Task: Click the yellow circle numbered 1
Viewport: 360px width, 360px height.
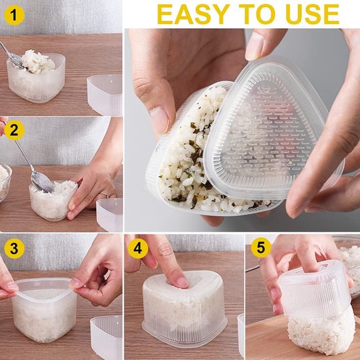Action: point(14,15)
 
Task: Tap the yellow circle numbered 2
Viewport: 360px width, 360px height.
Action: point(14,130)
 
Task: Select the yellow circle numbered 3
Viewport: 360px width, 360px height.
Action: point(14,249)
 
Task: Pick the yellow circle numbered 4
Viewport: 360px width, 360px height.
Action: point(137,249)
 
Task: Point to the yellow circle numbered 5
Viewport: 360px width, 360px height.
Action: point(261,247)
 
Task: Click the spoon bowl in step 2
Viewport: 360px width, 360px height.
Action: point(42,182)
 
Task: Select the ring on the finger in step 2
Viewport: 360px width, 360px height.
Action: point(105,195)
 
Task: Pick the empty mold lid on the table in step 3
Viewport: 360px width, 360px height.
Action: point(107,338)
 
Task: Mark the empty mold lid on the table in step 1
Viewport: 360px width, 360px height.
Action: point(105,95)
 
